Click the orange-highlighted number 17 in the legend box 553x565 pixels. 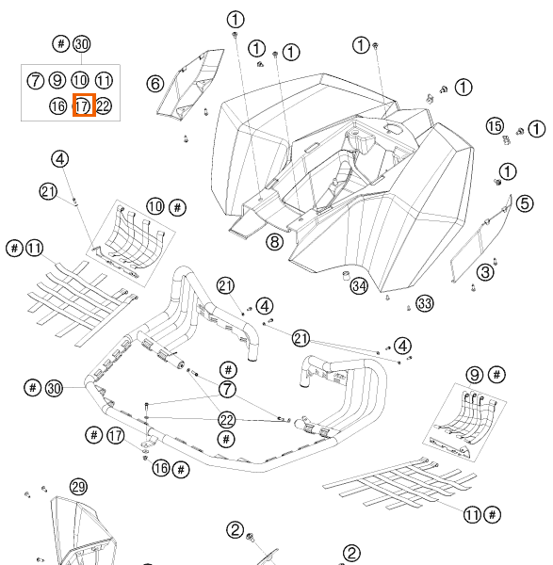[x=83, y=105]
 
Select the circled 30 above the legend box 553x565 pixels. [x=82, y=44]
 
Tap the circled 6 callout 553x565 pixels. [x=155, y=84]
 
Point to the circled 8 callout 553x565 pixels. [x=274, y=242]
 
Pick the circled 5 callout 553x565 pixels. [x=524, y=204]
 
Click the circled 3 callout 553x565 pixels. [x=484, y=272]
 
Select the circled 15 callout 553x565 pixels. [x=495, y=126]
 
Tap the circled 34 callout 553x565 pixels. [x=359, y=285]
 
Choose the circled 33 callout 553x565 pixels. [x=425, y=303]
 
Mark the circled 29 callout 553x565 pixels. [x=78, y=486]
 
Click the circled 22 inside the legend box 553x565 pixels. [x=104, y=105]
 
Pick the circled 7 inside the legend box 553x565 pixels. [x=35, y=81]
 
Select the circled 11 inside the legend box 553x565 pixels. [x=104, y=81]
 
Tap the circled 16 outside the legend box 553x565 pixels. [x=161, y=468]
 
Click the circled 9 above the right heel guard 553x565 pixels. [x=474, y=375]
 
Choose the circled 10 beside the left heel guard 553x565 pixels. [x=155, y=206]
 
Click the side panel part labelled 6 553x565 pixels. [x=193, y=85]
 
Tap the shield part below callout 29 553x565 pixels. [x=80, y=532]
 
